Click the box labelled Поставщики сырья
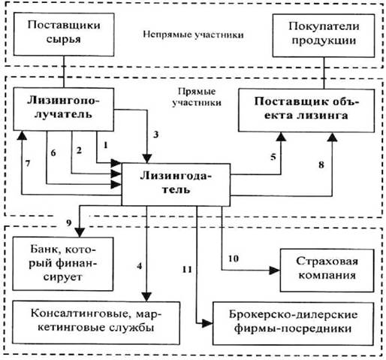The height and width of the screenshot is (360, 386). coord(64,35)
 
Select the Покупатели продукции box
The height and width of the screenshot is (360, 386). coord(324,35)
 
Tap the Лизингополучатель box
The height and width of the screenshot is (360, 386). coord(64,109)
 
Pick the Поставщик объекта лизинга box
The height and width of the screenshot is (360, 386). coord(306,110)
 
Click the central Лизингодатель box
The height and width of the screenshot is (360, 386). coord(176,185)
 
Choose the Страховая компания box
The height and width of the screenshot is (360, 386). coord(327,271)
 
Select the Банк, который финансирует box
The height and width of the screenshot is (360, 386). coord(63,264)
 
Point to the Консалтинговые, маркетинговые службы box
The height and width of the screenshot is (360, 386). coord(96,323)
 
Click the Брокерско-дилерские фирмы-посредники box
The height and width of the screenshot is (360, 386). coord(293,324)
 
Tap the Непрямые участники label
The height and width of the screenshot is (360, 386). coord(193,35)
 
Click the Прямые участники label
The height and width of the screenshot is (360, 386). coord(197,97)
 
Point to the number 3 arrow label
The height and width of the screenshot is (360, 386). coord(156,135)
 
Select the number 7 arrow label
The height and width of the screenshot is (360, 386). coord(28,163)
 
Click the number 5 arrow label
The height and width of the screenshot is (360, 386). coord(273,157)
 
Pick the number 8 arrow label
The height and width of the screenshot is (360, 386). coord(321,165)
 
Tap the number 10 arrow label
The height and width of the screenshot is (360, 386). coord(234,259)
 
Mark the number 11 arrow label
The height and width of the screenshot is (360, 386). coord(187,270)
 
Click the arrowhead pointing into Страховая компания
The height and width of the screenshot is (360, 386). coord(275,271)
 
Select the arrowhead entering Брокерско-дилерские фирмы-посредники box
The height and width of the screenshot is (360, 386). coord(207,323)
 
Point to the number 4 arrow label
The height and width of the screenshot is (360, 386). coord(140,266)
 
